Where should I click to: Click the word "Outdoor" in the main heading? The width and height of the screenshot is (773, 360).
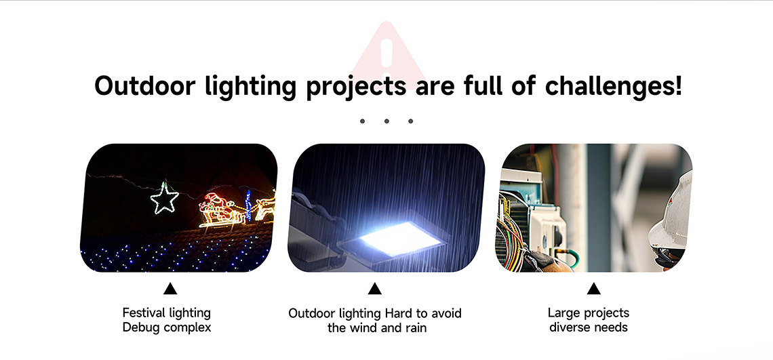pyautogui.click(x=144, y=86)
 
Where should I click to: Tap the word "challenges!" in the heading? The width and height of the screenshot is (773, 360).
pyautogui.click(x=614, y=85)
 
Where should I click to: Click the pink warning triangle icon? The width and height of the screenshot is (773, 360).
pyautogui.click(x=387, y=54)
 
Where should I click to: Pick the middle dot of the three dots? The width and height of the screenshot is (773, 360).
pyautogui.click(x=386, y=121)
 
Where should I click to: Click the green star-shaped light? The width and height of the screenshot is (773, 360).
pyautogui.click(x=164, y=198)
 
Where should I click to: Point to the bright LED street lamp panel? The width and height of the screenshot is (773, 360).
pyautogui.click(x=399, y=238)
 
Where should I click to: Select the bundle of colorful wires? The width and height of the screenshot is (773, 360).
pyautogui.click(x=511, y=232)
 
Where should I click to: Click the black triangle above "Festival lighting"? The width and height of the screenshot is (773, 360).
pyautogui.click(x=170, y=289)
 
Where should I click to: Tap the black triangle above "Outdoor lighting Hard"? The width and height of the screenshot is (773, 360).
pyautogui.click(x=375, y=289)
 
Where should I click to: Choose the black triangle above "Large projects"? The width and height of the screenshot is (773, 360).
pyautogui.click(x=593, y=289)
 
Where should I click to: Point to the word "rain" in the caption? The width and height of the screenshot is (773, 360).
pyautogui.click(x=415, y=327)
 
